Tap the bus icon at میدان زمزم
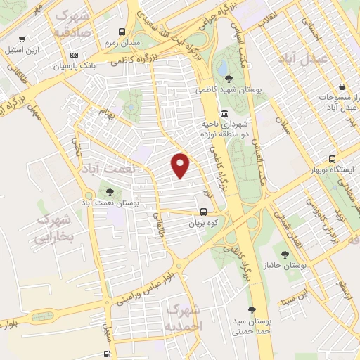[122, 32]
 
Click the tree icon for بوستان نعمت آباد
[109, 191]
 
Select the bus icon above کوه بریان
[204, 211]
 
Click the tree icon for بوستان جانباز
[285, 254]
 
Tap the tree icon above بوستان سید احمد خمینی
[252, 309]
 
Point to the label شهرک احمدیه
[184, 318]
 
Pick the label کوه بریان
[205, 224]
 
